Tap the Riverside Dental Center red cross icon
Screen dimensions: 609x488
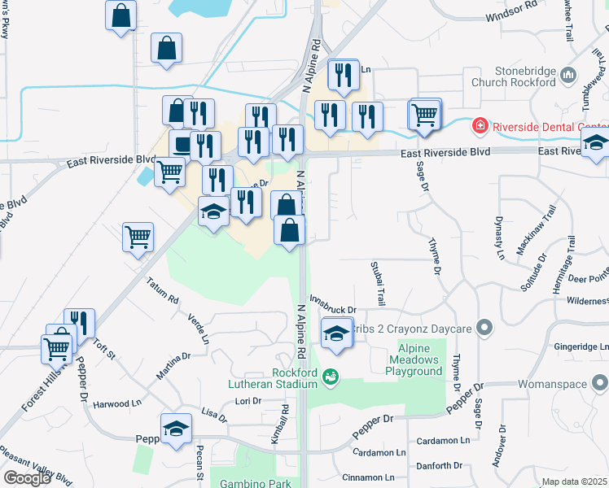pos(480,126)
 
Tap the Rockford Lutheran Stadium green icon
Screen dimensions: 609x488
pos(330,377)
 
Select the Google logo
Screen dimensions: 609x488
pos(26,477)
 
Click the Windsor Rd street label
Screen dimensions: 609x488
pos(511,15)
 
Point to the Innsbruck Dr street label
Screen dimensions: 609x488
pos(331,309)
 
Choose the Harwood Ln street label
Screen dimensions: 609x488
pos(111,403)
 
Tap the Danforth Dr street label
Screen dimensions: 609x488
pos(439,466)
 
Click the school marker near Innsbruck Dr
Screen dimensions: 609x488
pos(336,333)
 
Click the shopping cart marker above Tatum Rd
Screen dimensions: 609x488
pos(138,237)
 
